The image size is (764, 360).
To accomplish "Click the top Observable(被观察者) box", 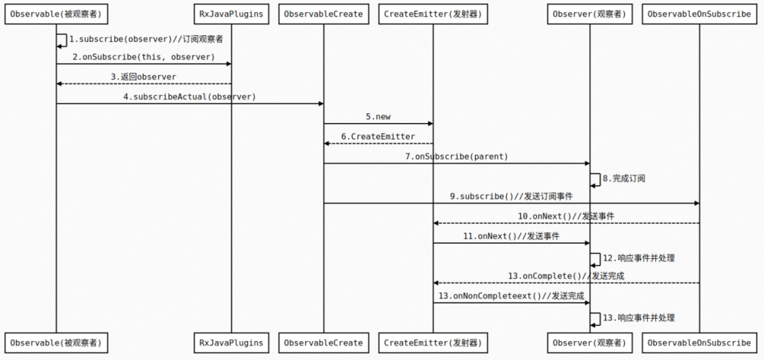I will pos(56,15).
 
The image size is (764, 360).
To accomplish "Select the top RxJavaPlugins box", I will pos(231,15).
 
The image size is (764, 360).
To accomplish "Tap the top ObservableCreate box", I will pos(323,15).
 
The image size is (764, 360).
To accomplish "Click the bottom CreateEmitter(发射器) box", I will pos(433,342).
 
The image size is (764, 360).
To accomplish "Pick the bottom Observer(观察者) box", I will pos(589,342).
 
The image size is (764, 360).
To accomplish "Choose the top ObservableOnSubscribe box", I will pos(699,15).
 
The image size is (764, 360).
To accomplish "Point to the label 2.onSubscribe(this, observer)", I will pos(144,57).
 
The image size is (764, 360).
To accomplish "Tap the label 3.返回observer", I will pos(143,76).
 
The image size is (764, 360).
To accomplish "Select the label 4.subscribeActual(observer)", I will pos(189,96).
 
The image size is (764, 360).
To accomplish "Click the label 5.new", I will pos(378,116).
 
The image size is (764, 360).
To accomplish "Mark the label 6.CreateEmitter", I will pos(378,136).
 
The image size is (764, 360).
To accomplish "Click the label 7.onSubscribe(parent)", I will pos(456,156).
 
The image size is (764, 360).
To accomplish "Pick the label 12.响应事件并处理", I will pos(639,258).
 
